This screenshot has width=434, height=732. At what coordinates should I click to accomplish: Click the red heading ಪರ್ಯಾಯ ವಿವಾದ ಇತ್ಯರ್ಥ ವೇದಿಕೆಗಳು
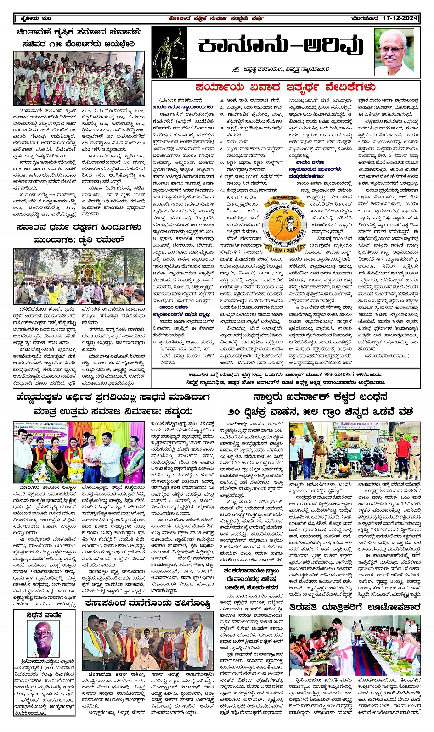click(285, 87)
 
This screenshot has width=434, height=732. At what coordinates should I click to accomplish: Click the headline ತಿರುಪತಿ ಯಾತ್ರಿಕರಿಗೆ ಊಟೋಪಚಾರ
click(355, 607)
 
